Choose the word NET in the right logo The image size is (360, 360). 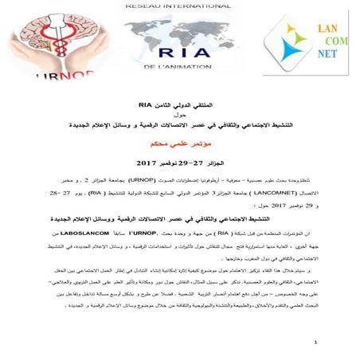319,57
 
